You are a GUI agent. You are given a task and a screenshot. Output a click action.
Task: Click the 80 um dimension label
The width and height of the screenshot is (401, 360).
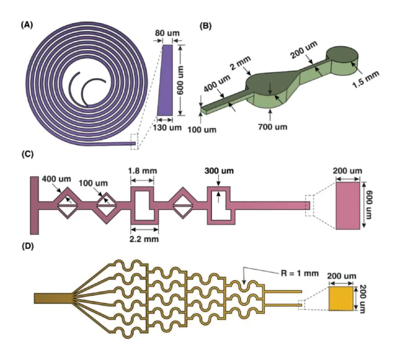click(x=167, y=33)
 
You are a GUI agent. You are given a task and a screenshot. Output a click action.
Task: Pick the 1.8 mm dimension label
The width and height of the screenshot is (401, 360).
click(x=143, y=171)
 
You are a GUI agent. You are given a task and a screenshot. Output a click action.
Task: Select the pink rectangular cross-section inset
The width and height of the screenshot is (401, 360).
click(x=347, y=205)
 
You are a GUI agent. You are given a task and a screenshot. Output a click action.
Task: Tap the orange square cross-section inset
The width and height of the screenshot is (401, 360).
click(x=340, y=299)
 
